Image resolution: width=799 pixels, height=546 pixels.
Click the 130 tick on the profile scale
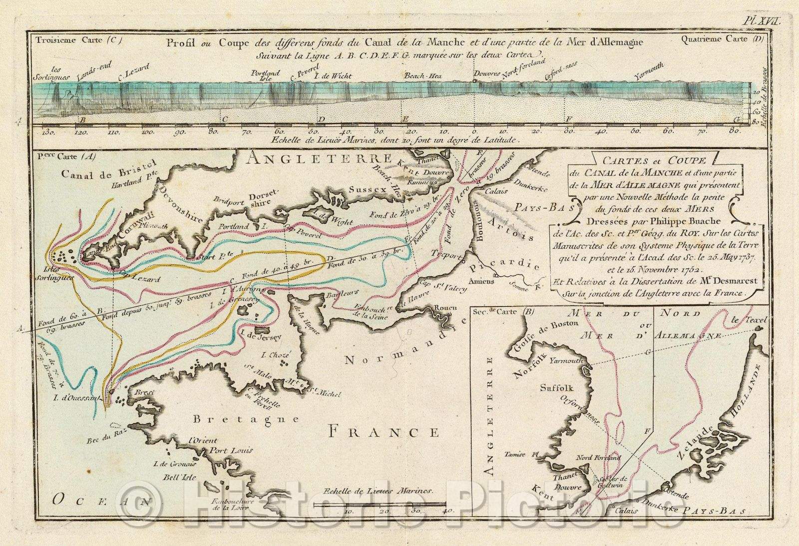[x=48, y=132]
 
